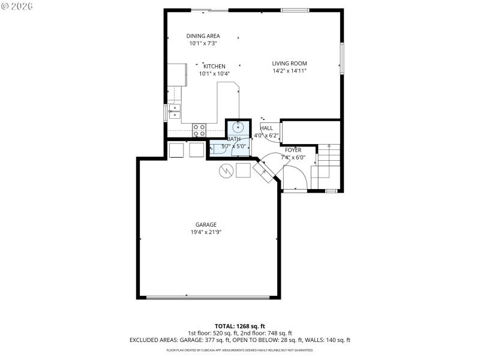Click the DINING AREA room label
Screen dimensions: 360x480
coord(203,36)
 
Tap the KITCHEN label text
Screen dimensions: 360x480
coord(214,66)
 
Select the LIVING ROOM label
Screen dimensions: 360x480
coord(289,63)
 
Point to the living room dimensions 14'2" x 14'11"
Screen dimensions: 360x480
coord(289,71)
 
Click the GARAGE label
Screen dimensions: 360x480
coord(206,225)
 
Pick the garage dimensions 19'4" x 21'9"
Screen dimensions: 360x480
coord(206,233)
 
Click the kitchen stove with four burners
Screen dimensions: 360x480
coord(199,130)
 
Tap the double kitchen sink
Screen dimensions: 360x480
coord(175,111)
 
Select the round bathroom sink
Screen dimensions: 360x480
coord(239,127)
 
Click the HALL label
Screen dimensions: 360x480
coord(266,128)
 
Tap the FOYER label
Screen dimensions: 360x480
coord(293,150)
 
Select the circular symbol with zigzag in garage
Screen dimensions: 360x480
coord(225,171)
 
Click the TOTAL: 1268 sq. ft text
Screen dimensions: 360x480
coord(239,326)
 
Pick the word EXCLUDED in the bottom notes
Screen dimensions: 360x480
coord(146,340)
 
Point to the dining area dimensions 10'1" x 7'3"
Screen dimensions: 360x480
coord(203,43)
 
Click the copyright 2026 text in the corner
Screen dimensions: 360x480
coord(17,5)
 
